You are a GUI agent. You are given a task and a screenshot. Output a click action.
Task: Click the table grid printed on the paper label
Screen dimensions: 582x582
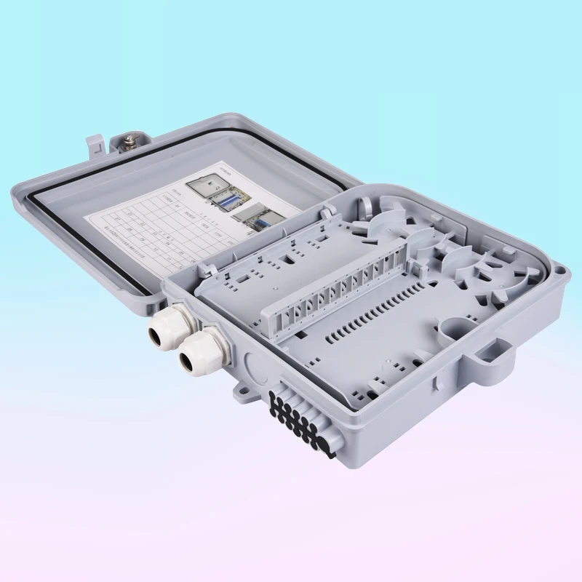153,229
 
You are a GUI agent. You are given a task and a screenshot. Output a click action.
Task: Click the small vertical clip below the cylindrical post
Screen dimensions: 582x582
434,379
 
